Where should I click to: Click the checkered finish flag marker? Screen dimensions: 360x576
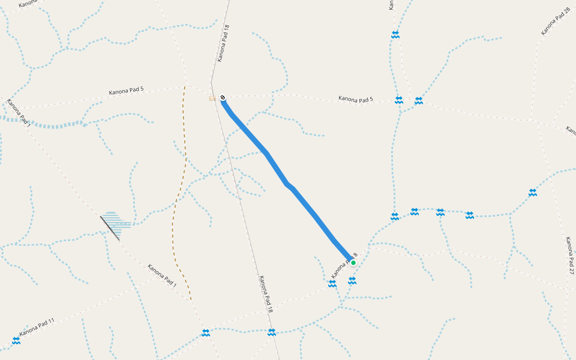coord(223,97)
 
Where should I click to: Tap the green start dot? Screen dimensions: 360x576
coord(353,263)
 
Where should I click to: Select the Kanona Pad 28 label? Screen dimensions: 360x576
coord(555,22)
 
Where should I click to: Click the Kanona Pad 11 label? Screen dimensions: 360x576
coord(37,326)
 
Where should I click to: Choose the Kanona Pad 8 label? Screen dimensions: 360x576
coord(344,266)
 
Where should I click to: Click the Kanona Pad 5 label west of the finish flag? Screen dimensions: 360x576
coord(126,92)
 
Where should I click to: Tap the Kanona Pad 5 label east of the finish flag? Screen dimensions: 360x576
coord(355,98)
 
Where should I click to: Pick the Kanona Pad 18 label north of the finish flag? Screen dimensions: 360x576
coord(223,43)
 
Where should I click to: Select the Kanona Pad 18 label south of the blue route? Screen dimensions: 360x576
coord(266,295)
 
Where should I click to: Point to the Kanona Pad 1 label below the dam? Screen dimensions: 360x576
coord(162,275)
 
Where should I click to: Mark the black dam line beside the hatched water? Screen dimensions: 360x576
coord(109,227)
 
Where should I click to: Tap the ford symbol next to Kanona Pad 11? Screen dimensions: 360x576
coord(16,340)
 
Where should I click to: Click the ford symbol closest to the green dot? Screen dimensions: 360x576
coord(352,280)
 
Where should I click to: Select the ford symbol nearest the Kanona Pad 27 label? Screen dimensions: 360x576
coord(533,192)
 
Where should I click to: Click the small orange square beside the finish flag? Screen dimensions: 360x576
coord(212,98)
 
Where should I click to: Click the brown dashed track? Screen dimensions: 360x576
coord(178,198)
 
